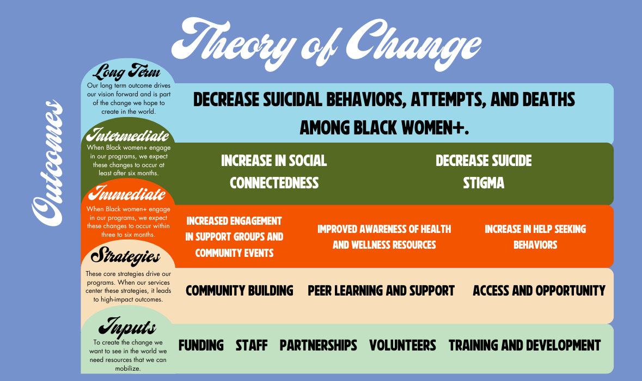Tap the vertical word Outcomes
tap(47, 163)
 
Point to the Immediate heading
tap(126, 193)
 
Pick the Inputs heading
tap(127, 328)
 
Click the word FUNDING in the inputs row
tap(201, 345)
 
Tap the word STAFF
tap(252, 345)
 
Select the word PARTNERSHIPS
tap(318, 345)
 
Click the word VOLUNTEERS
tap(402, 345)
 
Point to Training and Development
tap(524, 345)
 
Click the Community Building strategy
tap(239, 290)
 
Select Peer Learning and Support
tap(381, 290)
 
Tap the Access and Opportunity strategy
tap(539, 290)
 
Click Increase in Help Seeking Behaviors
tap(535, 237)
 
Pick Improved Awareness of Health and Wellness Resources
tap(384, 237)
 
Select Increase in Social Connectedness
tap(274, 171)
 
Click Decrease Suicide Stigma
tap(484, 171)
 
